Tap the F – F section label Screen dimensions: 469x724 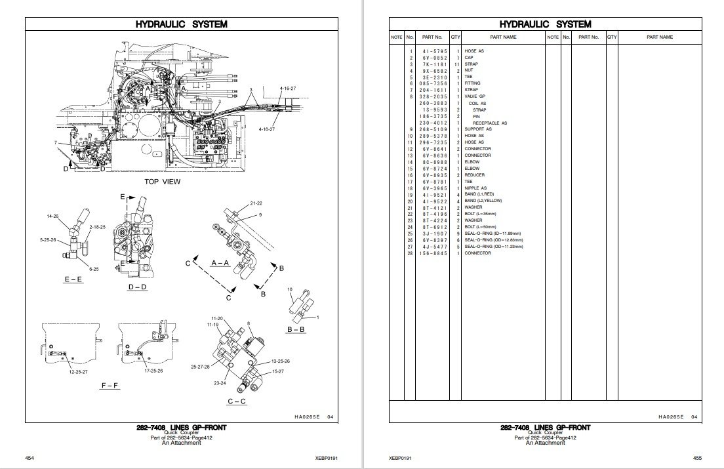tap(110, 386)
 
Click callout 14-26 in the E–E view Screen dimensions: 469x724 tap(52, 215)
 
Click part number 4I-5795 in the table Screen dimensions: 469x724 tap(435, 51)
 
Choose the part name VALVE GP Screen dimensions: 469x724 tap(475, 96)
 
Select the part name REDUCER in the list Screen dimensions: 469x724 tap(475, 174)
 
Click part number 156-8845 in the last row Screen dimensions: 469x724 tap(435, 253)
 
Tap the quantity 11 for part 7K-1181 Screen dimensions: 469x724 tap(456, 64)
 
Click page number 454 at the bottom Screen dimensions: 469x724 tap(29, 457)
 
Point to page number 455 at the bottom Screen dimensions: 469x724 tap(696, 457)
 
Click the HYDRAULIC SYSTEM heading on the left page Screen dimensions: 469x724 tap(182, 24)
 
